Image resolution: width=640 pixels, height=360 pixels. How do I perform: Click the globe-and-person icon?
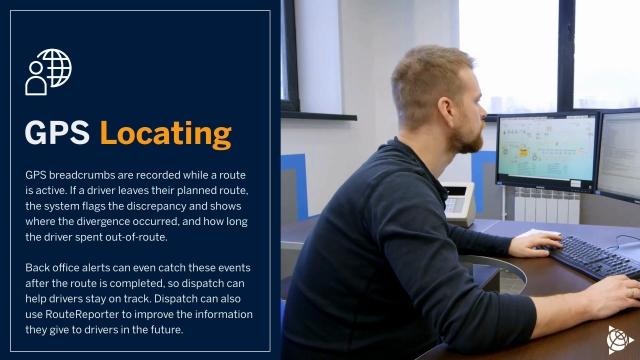48,72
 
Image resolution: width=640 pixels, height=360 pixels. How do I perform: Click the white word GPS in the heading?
57,133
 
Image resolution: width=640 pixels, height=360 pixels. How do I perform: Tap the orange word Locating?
166,134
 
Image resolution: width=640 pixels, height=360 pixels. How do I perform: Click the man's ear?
446,111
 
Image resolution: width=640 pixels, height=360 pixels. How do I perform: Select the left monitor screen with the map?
547,150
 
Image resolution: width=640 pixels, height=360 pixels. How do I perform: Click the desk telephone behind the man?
458,203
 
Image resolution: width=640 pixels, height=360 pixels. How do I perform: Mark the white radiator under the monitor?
547,206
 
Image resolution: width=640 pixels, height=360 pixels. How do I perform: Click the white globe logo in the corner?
619,340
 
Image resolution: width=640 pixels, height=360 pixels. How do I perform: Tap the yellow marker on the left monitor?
523,152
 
